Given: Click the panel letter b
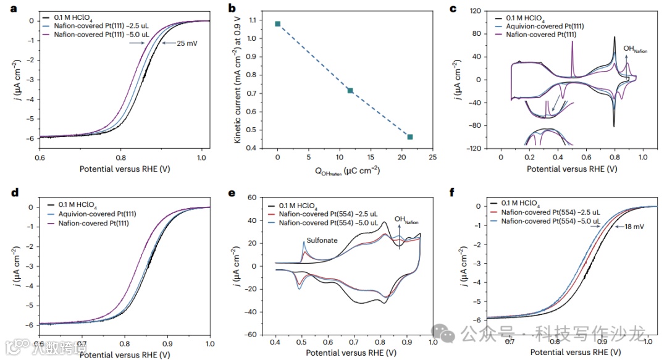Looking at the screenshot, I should (x=232, y=9).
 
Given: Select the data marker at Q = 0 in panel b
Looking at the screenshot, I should (x=278, y=24).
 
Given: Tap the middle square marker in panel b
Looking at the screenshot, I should (x=350, y=91).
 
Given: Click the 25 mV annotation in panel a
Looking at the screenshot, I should (x=188, y=43).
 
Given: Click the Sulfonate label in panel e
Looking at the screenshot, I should (x=322, y=241).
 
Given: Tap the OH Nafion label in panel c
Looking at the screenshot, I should (x=635, y=49).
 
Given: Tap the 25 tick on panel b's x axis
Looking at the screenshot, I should (x=432, y=157).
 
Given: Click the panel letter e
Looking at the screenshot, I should (x=232, y=193).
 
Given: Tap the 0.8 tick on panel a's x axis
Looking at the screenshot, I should (x=120, y=157).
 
